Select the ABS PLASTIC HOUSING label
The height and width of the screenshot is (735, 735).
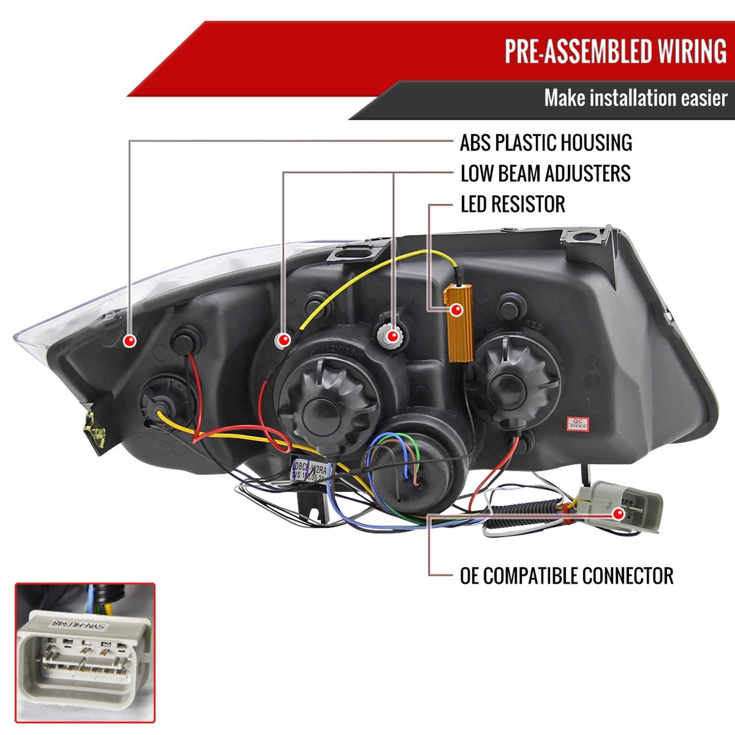(545, 143)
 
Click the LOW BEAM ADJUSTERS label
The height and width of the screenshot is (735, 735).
(545, 173)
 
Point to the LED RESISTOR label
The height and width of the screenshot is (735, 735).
(513, 204)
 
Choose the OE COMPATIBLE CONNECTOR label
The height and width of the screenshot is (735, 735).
(566, 576)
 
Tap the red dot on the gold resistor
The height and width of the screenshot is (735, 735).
(456, 310)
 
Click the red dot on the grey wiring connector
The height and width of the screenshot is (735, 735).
(619, 514)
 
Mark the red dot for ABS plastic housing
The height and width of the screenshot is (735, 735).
(130, 341)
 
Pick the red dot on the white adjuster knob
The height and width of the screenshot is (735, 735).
(392, 336)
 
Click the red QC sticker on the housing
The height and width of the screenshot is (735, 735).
(578, 423)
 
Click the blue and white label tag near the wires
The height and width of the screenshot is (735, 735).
(310, 469)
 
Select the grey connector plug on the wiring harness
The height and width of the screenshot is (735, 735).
(622, 505)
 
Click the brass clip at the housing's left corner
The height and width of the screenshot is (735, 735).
(95, 430)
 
